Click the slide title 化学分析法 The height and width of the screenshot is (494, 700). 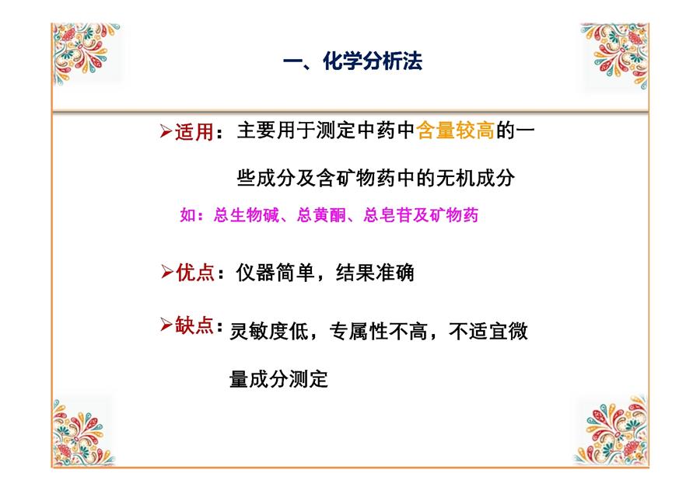click(x=373, y=61)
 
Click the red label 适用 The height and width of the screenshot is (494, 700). click(x=194, y=132)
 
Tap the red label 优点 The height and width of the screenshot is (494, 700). click(x=195, y=273)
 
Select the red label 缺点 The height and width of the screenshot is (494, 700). click(x=194, y=325)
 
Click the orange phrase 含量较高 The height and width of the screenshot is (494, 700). click(x=455, y=130)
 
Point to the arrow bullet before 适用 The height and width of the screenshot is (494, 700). click(x=166, y=131)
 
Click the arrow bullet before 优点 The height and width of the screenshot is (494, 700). click(x=167, y=272)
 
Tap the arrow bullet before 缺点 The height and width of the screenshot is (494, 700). click(x=166, y=325)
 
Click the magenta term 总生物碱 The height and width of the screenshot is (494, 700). click(x=247, y=215)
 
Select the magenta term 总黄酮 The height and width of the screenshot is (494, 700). click(x=321, y=215)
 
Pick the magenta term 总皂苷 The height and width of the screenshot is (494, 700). click(x=387, y=215)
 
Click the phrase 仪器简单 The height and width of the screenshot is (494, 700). click(x=275, y=273)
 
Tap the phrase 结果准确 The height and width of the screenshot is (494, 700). click(x=375, y=273)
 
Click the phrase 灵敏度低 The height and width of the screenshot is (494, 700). click(x=269, y=331)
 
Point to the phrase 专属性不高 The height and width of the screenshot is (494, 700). click(x=378, y=331)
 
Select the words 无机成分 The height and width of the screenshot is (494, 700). click(x=475, y=179)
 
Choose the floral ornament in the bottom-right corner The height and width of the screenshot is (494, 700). click(x=611, y=430)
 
